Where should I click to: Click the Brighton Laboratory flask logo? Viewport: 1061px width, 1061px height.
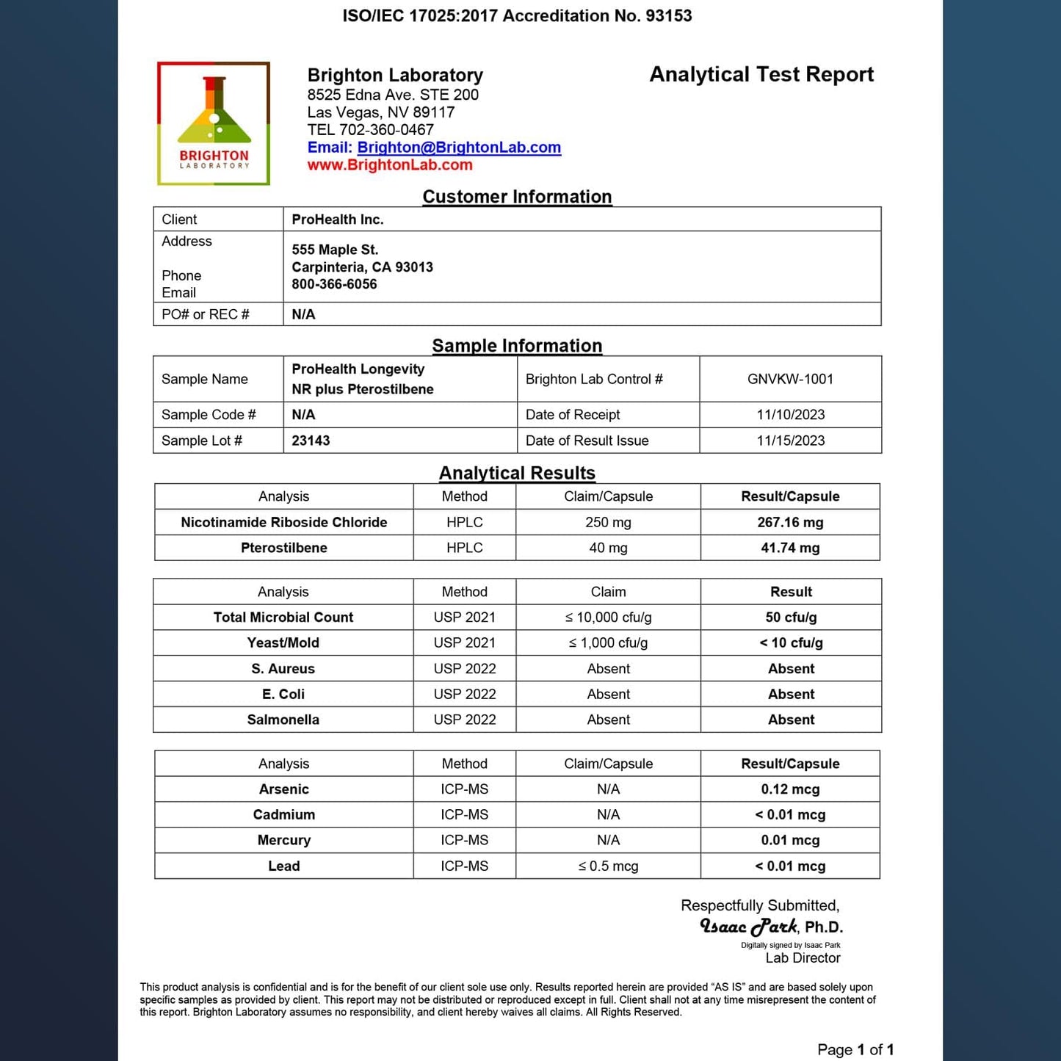coord(214,123)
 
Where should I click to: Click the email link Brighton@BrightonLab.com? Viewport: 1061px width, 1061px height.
coord(459,148)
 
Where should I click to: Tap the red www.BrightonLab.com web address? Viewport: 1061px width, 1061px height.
coord(390,165)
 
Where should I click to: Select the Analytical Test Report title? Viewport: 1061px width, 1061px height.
coord(761,75)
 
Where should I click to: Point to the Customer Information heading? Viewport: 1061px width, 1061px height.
coord(517,197)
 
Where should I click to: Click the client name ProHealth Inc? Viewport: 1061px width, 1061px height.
coord(338,220)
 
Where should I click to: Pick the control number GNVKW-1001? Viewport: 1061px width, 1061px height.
coord(790,379)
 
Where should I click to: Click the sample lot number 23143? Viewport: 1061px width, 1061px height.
coord(311,441)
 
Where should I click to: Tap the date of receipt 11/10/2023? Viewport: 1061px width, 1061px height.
coord(790,415)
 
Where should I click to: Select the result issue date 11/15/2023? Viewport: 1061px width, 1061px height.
coord(790,441)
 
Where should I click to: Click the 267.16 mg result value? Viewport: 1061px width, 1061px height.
coord(790,522)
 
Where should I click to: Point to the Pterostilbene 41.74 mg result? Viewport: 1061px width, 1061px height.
coord(790,548)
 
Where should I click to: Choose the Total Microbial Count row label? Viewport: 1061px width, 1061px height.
coord(283,618)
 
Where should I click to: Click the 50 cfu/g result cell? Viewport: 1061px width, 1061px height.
coord(791,618)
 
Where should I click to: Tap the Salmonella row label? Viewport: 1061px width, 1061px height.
coord(283,720)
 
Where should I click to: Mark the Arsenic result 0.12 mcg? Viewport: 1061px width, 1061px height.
coord(790,789)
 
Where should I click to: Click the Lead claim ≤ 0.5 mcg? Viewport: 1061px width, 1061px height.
coord(608,866)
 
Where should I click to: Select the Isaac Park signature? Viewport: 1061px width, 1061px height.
coord(748,927)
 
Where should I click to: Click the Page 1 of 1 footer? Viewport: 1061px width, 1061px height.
coord(855,1050)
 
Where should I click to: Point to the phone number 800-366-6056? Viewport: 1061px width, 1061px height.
coord(334,285)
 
